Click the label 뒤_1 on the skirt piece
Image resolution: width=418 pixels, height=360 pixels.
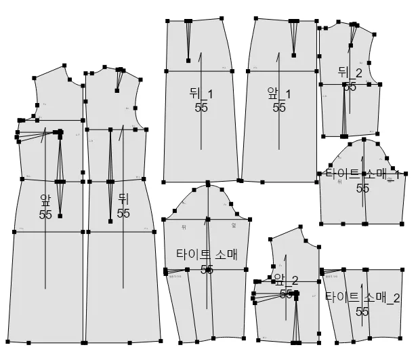pyautogui.click(x=201, y=94)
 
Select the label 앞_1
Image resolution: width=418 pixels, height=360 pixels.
pyautogui.click(x=278, y=94)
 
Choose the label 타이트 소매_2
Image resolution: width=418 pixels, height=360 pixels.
pyautogui.click(x=362, y=297)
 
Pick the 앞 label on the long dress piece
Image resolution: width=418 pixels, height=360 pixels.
pyautogui.click(x=45, y=200)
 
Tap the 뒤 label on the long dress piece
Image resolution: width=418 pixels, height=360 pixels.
pyautogui.click(x=123, y=199)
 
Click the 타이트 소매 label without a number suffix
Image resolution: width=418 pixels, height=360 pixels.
pyautogui.click(x=207, y=255)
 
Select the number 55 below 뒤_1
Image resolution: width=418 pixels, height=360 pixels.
pyautogui.click(x=201, y=107)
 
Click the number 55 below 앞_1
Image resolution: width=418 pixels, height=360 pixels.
pyautogui.click(x=279, y=107)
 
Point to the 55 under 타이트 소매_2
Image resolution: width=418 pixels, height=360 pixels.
pyautogui.click(x=362, y=311)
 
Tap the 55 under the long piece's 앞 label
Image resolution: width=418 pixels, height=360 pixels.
pyautogui.click(x=45, y=214)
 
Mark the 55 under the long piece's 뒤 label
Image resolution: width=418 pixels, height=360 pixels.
pyautogui.click(x=123, y=213)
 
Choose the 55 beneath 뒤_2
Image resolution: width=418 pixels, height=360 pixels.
pyautogui.click(x=350, y=87)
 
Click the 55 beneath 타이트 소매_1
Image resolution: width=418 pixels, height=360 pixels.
pyautogui.click(x=362, y=188)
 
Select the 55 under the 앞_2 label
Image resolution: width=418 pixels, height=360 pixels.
pyautogui.click(x=287, y=293)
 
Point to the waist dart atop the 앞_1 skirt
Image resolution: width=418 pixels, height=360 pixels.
pyautogui.click(x=293, y=38)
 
